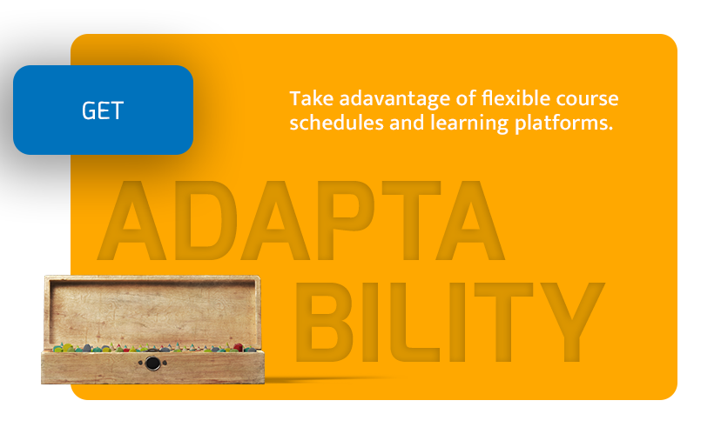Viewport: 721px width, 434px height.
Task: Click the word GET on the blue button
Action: [x=103, y=110]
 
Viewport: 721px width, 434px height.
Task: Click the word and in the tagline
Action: [x=407, y=123]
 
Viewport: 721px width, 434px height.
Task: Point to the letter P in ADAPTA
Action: [x=345, y=220]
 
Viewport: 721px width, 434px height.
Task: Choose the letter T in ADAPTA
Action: [x=412, y=220]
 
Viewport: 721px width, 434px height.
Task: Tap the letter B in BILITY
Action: [x=324, y=322]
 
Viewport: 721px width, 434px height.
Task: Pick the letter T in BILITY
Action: [x=504, y=322]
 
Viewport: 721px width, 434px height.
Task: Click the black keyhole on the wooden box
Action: [x=152, y=364]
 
